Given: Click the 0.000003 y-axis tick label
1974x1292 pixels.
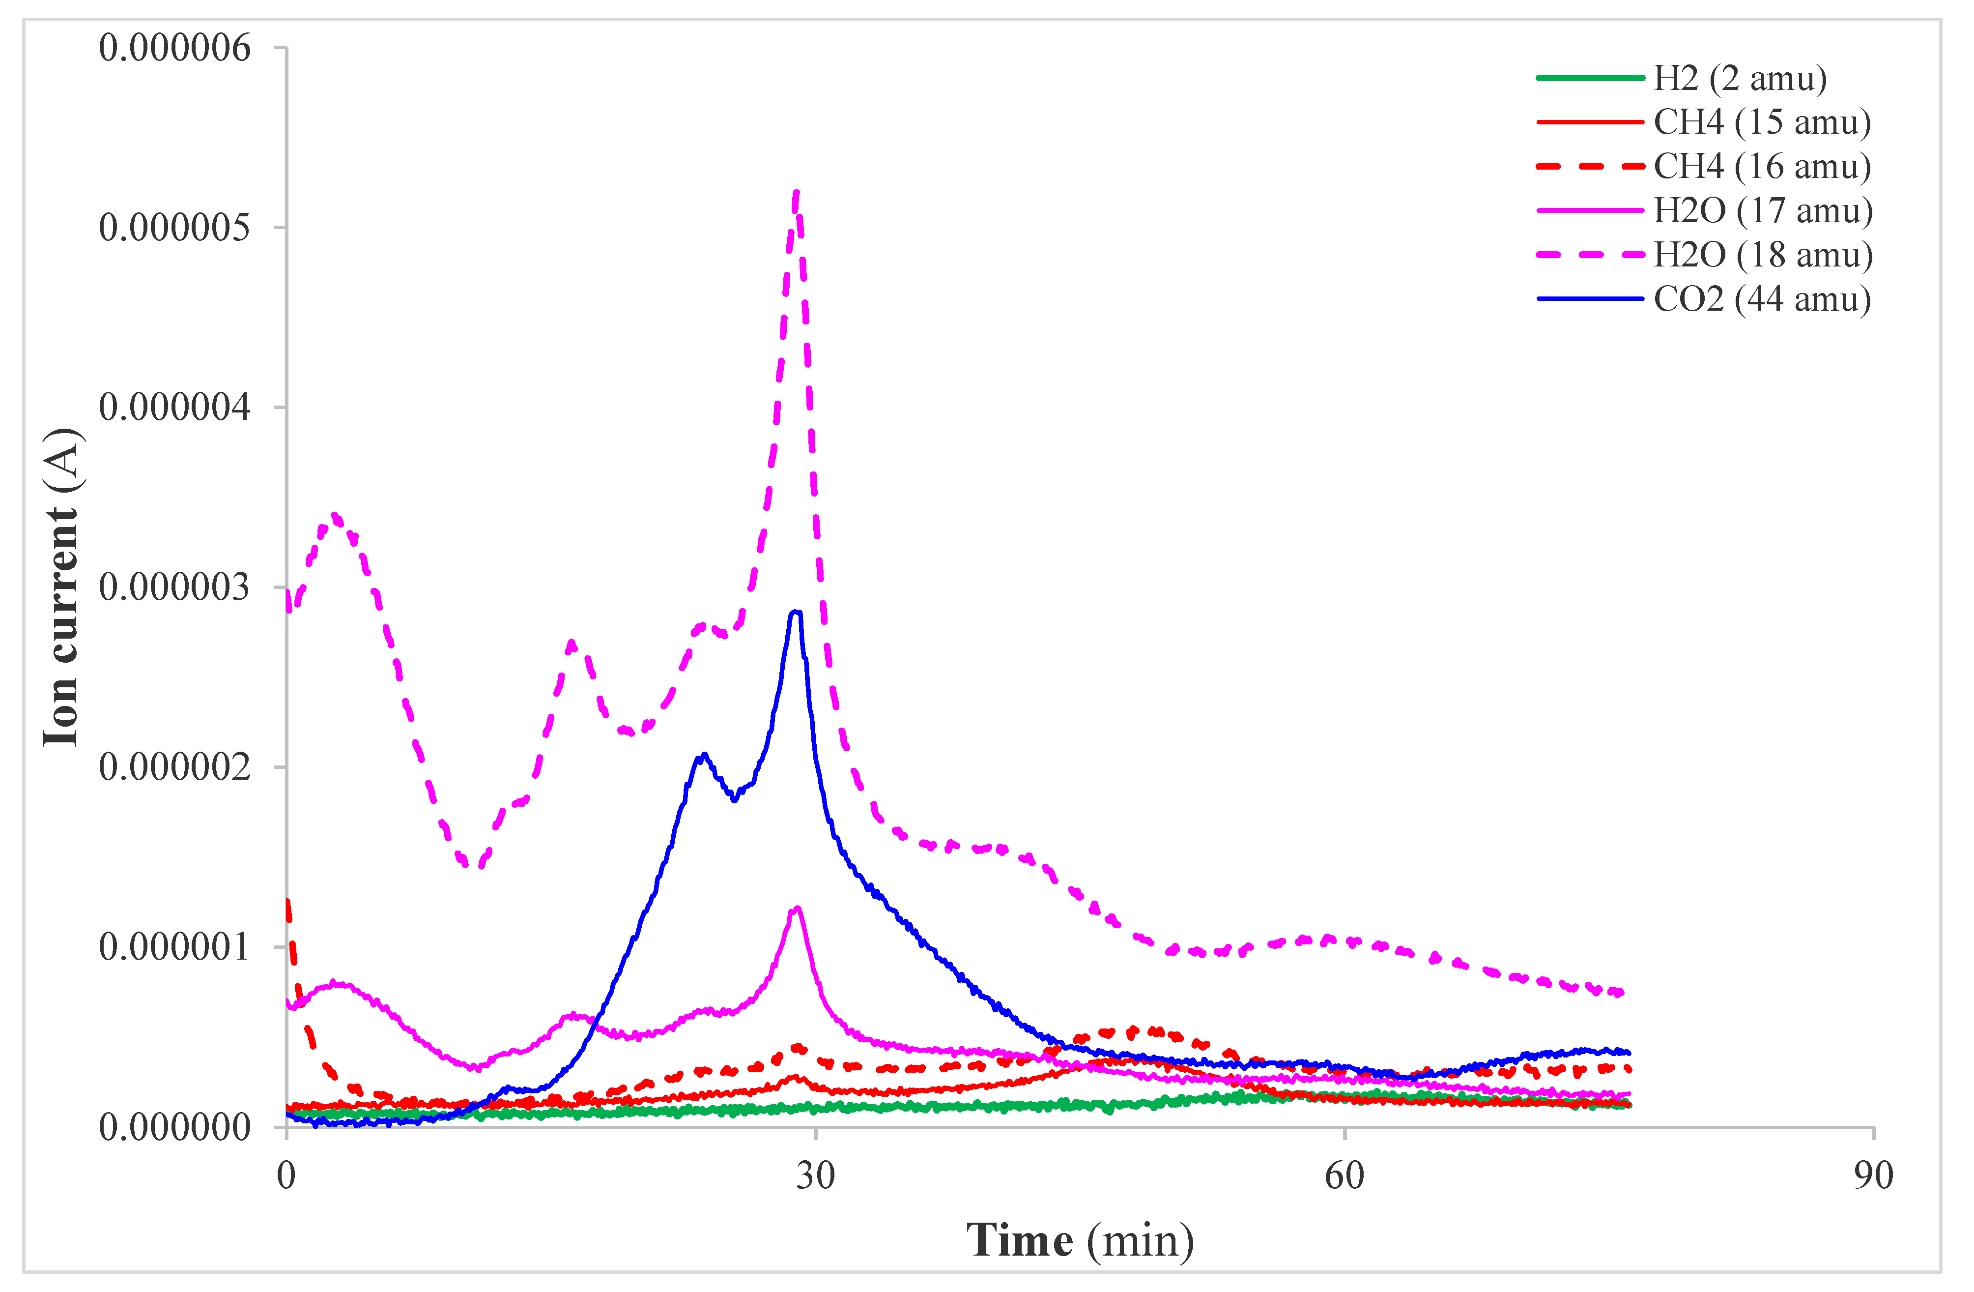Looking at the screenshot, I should tap(174, 587).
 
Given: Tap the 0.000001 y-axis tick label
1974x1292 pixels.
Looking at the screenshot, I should tap(174, 947).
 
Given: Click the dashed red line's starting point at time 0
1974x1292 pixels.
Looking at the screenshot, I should tap(287, 900).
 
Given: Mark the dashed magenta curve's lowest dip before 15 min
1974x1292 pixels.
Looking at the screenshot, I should tap(475, 865).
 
